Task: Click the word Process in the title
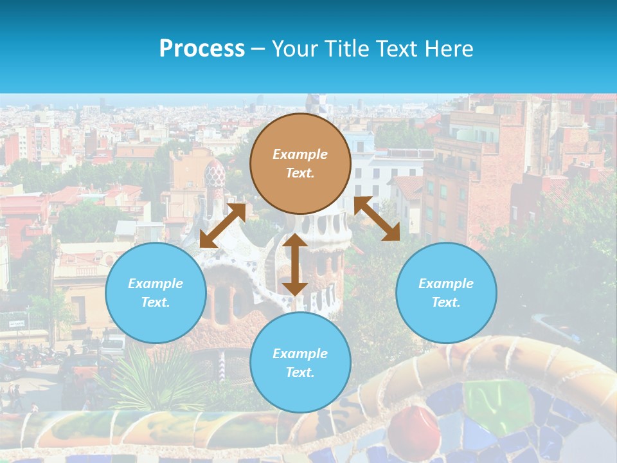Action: [202, 49]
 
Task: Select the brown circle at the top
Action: [300, 163]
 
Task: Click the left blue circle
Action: [156, 293]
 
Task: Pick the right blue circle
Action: [446, 293]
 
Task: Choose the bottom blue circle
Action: [300, 363]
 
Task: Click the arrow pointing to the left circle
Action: [222, 225]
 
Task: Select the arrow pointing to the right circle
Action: [377, 219]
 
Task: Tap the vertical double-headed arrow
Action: [295, 264]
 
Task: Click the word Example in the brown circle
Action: [300, 154]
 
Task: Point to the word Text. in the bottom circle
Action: [300, 372]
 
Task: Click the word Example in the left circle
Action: [156, 284]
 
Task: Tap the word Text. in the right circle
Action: [446, 302]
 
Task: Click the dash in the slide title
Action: [258, 49]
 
